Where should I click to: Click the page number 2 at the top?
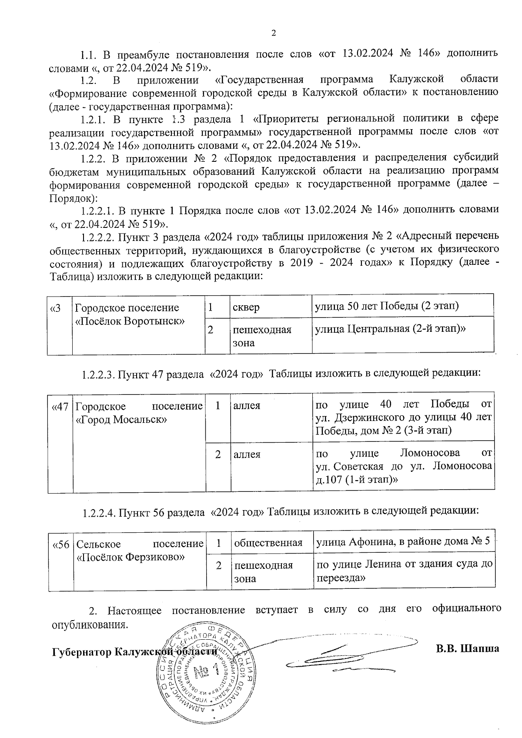pos(273,33)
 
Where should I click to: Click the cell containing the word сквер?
pos(246,307)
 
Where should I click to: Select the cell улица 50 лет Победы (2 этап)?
pos(387,306)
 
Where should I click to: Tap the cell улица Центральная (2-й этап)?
pos(390,329)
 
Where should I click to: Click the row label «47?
pos(60,407)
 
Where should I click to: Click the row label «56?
pos(61,544)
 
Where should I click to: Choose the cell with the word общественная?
pos(268,543)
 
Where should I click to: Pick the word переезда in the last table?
pos(340,578)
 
